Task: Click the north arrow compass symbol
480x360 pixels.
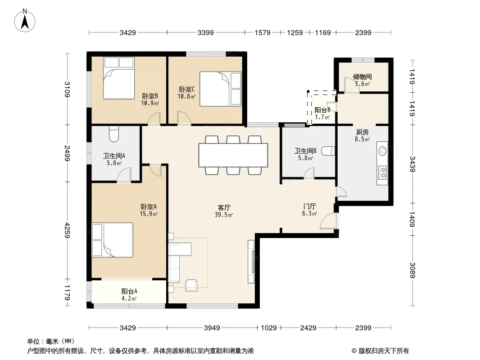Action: tap(25, 21)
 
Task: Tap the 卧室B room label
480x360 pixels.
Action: tap(150, 96)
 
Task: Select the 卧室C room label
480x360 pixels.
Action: tap(187, 89)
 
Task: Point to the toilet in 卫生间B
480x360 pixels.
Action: tap(329, 151)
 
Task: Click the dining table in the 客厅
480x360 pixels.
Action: tap(233, 155)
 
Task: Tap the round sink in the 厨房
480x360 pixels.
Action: tap(382, 151)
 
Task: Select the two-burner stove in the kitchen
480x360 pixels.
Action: tap(382, 172)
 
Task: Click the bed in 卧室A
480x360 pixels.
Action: tap(113, 240)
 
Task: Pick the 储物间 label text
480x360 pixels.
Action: tap(362, 76)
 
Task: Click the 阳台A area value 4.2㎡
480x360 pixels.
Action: tap(129, 298)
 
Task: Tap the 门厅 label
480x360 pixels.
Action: tap(309, 207)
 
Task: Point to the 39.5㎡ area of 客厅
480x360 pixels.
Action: tap(224, 215)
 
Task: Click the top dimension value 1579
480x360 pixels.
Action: tap(263, 32)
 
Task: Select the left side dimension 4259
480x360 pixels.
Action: tap(68, 230)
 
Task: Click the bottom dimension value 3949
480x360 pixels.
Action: tap(212, 328)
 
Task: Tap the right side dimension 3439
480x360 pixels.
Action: tap(412, 164)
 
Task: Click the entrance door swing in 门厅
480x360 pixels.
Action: tap(328, 221)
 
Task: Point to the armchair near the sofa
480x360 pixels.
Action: tap(191, 285)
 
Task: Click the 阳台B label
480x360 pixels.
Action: tap(322, 110)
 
